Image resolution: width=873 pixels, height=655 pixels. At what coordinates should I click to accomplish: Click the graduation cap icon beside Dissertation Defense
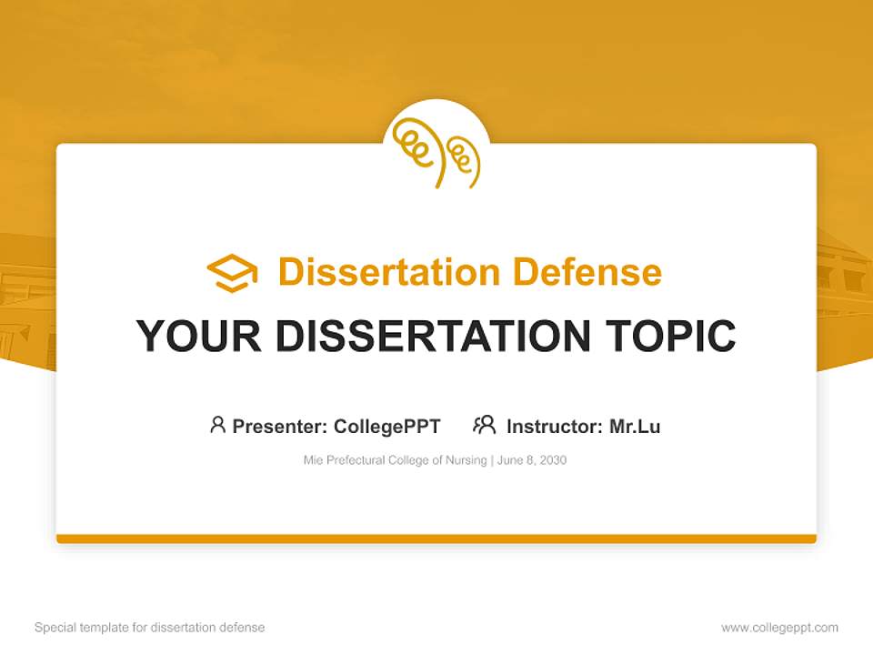click(x=232, y=273)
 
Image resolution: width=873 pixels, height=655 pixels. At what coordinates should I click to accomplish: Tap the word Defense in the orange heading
click(x=587, y=272)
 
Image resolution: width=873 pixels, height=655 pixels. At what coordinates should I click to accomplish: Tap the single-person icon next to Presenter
click(x=217, y=425)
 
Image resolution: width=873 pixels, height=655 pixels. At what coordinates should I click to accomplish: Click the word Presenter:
click(x=280, y=427)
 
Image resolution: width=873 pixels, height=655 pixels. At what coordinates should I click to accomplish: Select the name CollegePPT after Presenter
click(x=387, y=427)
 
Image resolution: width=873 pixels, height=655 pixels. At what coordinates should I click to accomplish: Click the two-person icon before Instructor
click(x=485, y=425)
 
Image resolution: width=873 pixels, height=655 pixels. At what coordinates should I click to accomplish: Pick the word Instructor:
click(x=555, y=427)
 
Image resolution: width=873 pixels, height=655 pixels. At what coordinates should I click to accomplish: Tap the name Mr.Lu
click(x=635, y=427)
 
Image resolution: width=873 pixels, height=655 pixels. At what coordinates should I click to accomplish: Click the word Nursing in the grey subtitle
click(x=466, y=460)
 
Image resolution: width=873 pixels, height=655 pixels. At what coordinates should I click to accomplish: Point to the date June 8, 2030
click(x=532, y=460)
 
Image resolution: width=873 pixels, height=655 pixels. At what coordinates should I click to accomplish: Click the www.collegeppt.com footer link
click(x=779, y=628)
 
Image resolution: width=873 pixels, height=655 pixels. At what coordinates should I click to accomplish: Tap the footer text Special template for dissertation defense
click(x=150, y=628)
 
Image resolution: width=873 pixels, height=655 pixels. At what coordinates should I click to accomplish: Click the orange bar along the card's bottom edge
click(x=436, y=539)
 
